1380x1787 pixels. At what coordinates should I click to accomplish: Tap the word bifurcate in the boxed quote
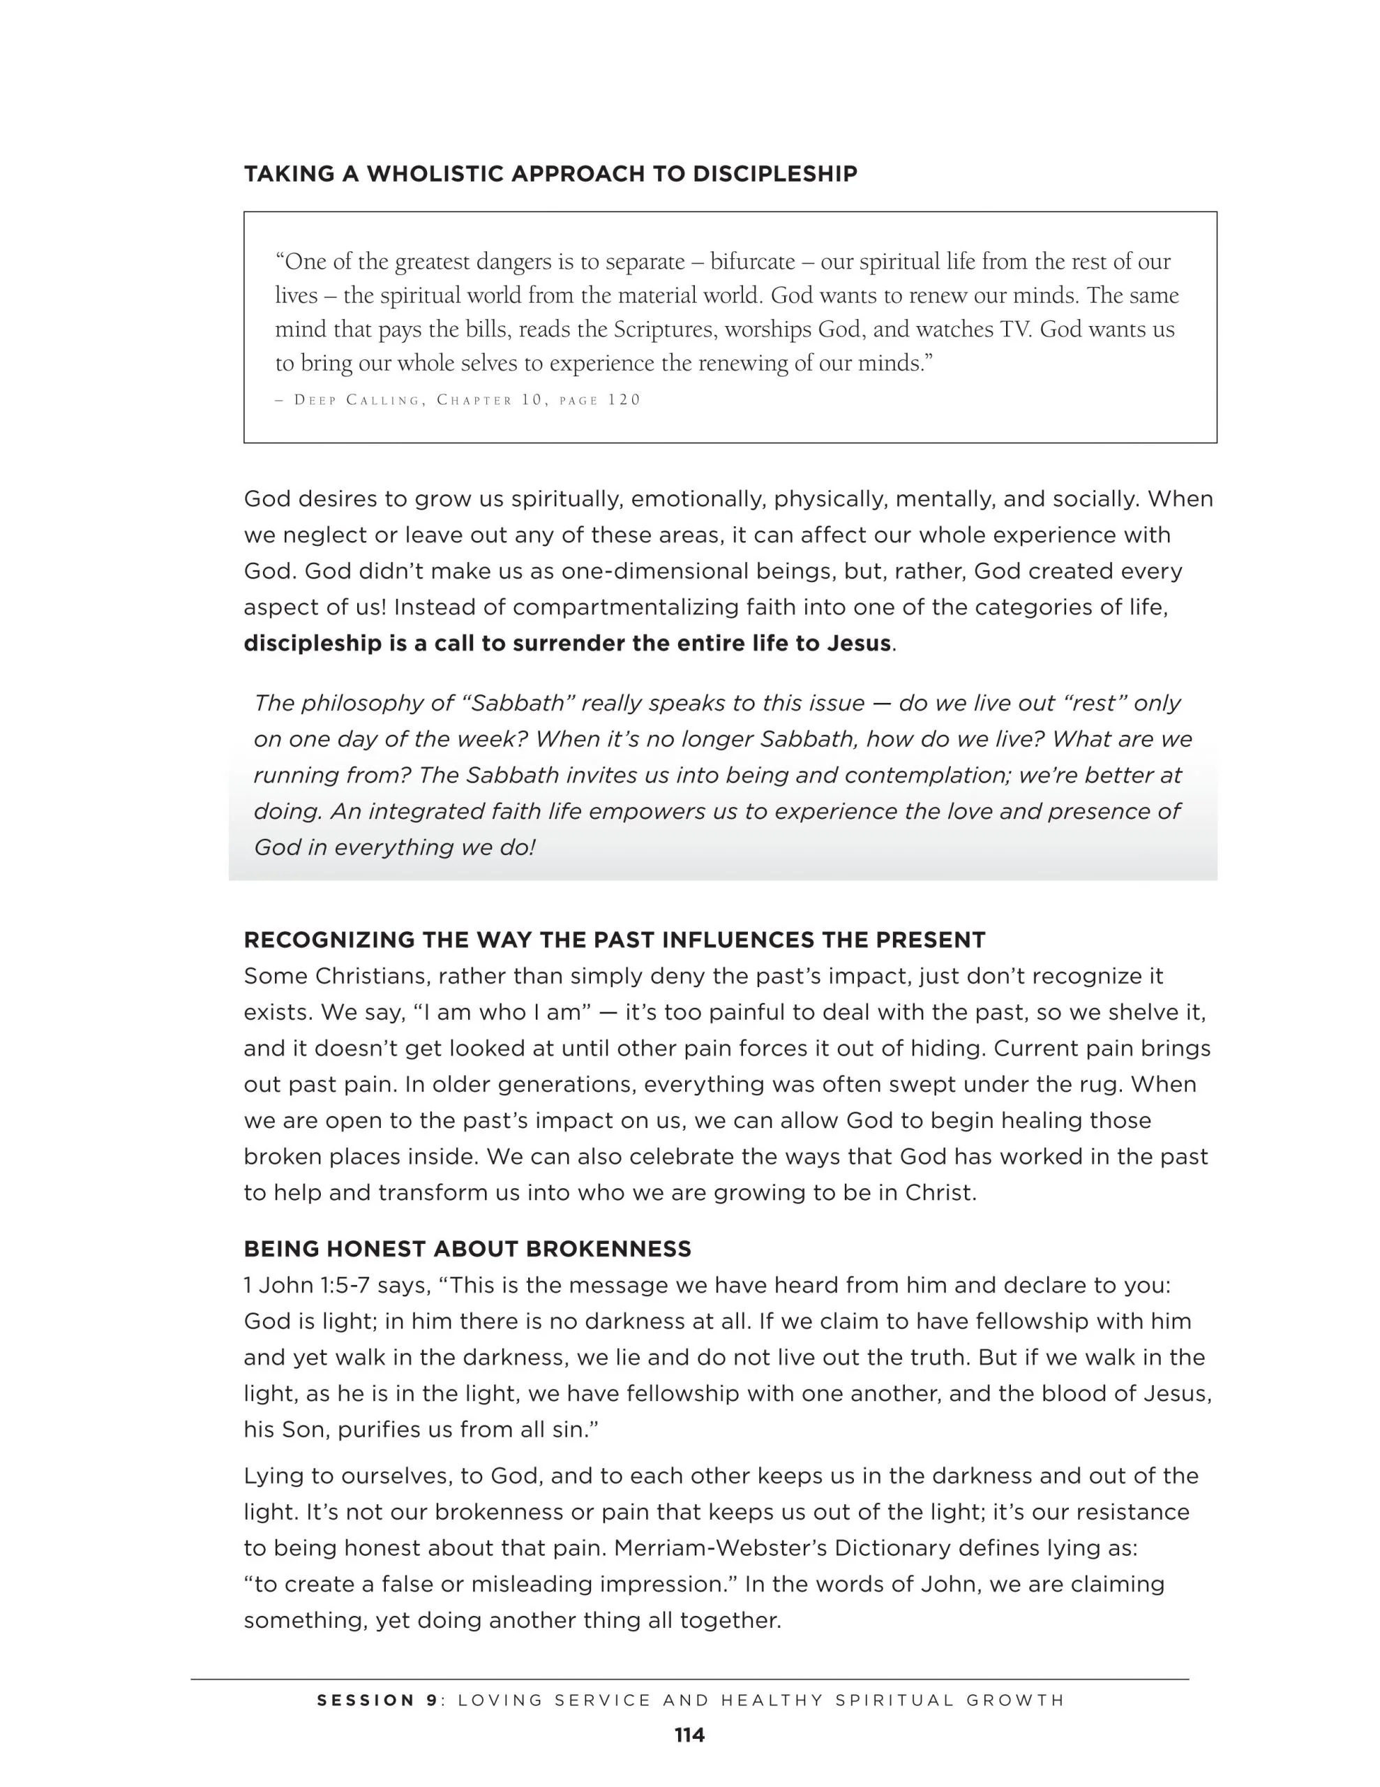point(752,262)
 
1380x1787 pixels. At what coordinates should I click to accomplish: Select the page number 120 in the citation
point(624,400)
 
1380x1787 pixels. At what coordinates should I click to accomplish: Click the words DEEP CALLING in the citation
point(357,400)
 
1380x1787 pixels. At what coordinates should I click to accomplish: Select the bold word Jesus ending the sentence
point(858,643)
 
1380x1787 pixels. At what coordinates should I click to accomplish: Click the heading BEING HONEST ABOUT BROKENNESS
point(467,1250)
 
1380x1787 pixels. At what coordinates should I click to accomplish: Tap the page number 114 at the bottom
point(689,1735)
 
